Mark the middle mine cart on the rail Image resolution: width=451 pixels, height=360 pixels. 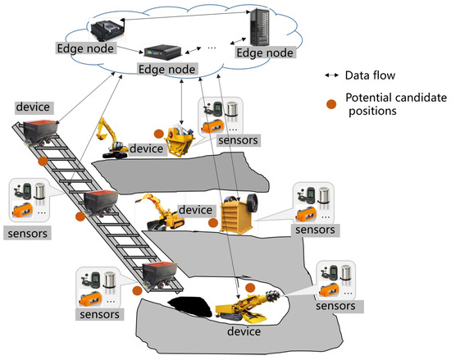[102, 203]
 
